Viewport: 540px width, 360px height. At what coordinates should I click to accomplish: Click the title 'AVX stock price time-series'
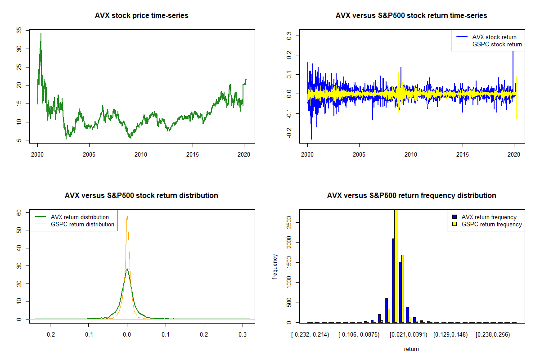point(141,15)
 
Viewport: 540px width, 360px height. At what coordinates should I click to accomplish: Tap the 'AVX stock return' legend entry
point(494,37)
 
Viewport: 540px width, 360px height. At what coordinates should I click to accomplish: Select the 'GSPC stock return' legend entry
point(497,45)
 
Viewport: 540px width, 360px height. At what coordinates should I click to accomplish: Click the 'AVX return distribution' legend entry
point(80,217)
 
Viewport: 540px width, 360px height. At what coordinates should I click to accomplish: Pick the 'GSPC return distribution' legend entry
point(82,224)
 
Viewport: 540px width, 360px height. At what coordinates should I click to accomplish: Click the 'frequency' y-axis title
point(275,267)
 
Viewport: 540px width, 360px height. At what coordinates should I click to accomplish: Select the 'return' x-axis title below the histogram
point(411,349)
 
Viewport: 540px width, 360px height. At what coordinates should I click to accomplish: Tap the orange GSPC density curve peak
point(127,216)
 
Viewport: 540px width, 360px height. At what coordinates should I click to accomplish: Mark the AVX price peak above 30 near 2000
point(41,34)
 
